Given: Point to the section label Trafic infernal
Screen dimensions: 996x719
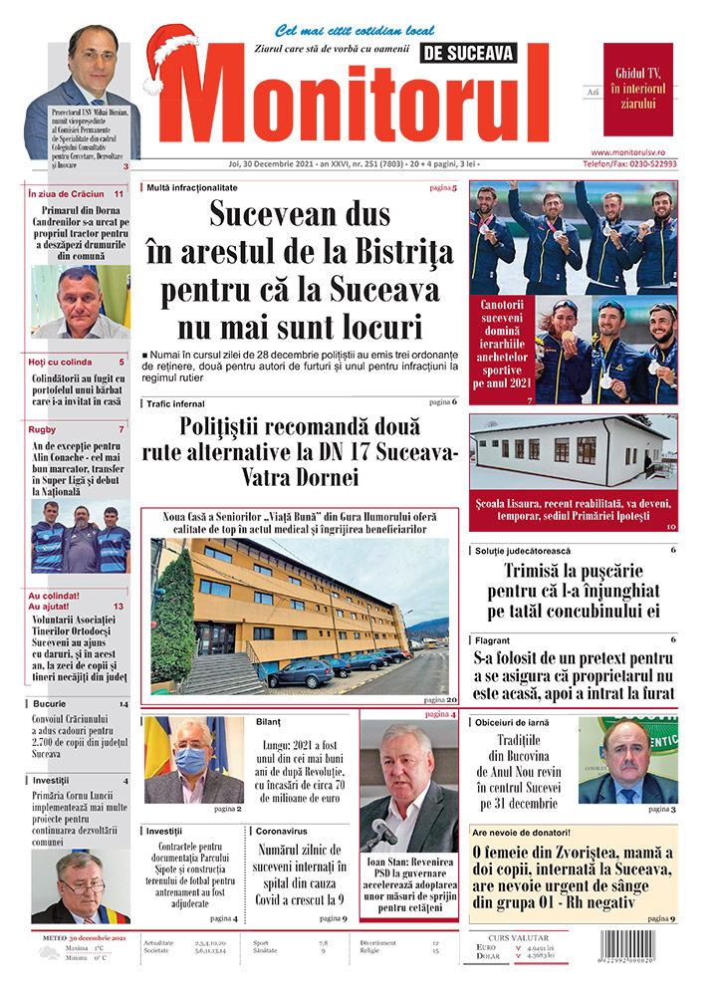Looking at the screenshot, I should click(x=175, y=403).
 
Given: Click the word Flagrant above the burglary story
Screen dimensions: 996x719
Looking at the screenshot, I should click(x=495, y=639).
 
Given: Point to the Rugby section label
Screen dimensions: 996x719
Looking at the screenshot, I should click(x=44, y=429).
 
